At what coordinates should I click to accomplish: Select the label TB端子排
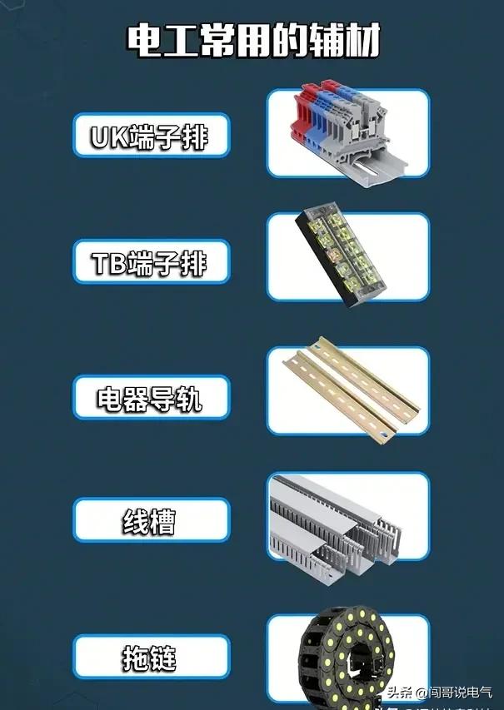click(151, 263)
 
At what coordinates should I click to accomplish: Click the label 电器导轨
click(151, 398)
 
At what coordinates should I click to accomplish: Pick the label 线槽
click(151, 521)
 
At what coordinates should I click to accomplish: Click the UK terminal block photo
click(348, 133)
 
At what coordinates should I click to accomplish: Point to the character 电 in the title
click(143, 39)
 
